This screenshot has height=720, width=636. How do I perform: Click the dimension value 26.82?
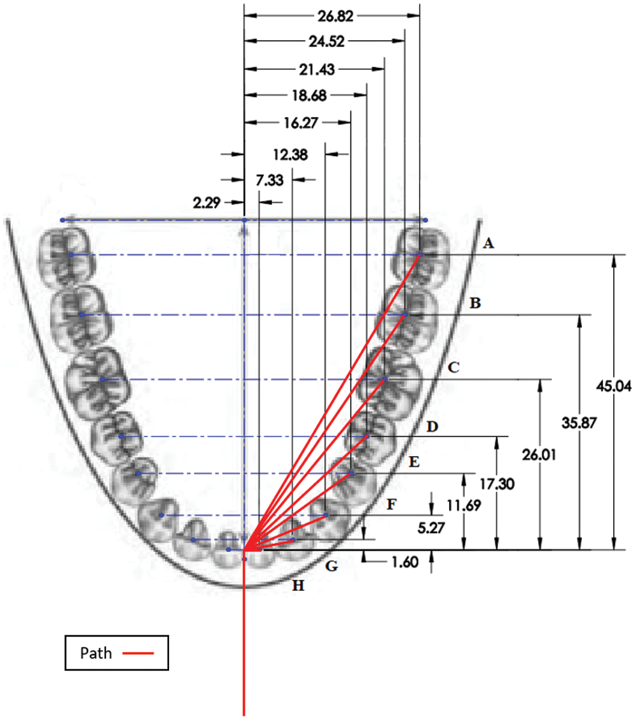tap(336, 16)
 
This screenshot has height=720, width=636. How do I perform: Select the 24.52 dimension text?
tap(326, 41)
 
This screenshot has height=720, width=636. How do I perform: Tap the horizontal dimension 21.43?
tap(317, 69)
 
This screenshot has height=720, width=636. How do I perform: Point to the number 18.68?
tap(309, 95)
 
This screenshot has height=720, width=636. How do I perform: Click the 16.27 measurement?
tap(301, 123)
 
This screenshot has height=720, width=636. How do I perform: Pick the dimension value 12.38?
tap(290, 155)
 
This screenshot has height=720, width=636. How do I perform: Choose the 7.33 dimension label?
tap(270, 180)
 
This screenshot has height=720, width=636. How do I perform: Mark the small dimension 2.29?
tap(207, 202)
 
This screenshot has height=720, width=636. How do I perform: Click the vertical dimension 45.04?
tap(614, 386)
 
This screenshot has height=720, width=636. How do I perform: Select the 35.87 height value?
tap(579, 422)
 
